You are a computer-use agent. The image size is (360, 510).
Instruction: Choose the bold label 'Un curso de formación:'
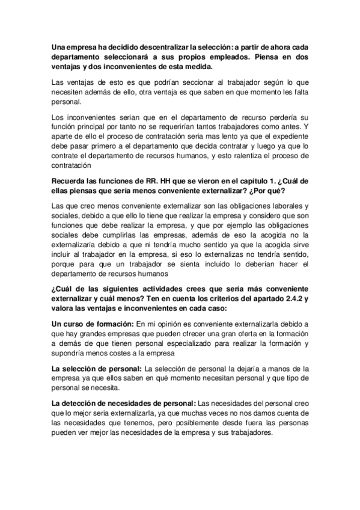tap(92, 324)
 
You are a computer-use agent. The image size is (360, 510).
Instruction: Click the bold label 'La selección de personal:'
tap(96, 366)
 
